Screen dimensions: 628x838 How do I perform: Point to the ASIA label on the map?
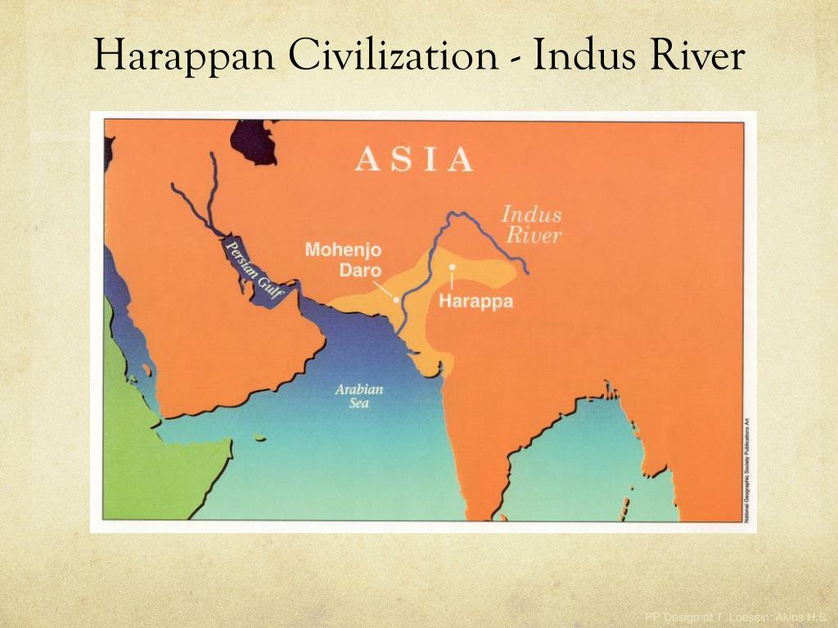(414, 159)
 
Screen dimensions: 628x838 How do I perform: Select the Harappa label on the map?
(475, 301)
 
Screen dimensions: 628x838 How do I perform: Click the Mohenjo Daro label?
(343, 258)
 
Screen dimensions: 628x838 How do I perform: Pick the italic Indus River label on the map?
(532, 226)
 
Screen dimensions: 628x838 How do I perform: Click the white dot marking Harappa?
(452, 267)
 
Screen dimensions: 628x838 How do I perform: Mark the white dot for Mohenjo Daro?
(396, 300)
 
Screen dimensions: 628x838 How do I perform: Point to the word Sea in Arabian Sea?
(359, 404)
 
